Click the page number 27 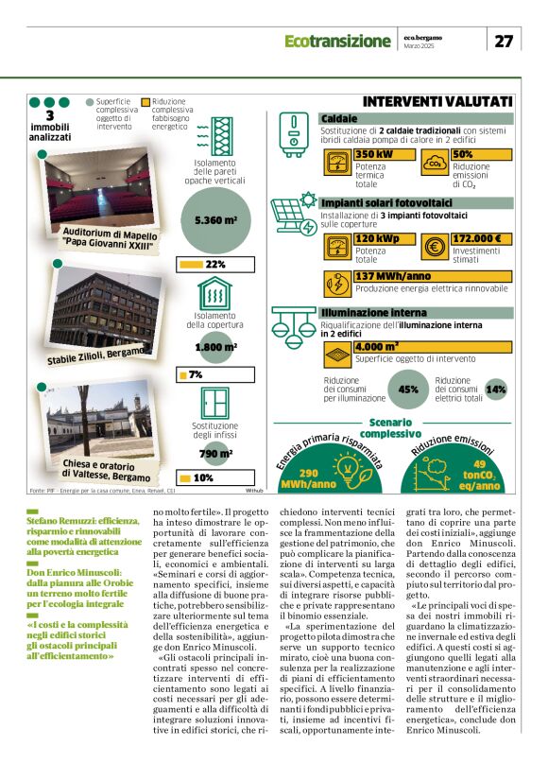(505, 41)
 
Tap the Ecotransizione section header (337, 42)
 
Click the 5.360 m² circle (215, 221)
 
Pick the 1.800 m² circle (215, 348)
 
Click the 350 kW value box (385, 154)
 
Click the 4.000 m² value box (384, 346)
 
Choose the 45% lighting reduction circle (409, 389)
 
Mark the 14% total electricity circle (495, 389)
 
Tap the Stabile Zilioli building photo (99, 310)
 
